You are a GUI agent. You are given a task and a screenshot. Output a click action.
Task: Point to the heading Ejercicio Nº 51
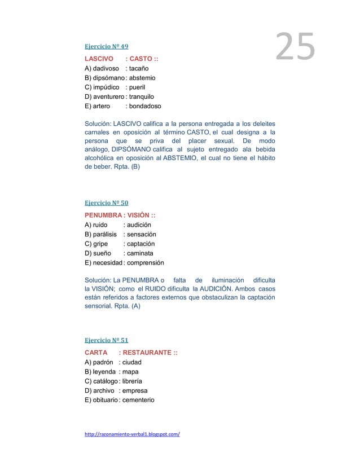click(107, 341)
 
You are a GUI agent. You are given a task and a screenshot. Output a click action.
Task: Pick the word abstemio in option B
click(142, 78)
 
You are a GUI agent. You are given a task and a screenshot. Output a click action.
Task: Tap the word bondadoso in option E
click(145, 106)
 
